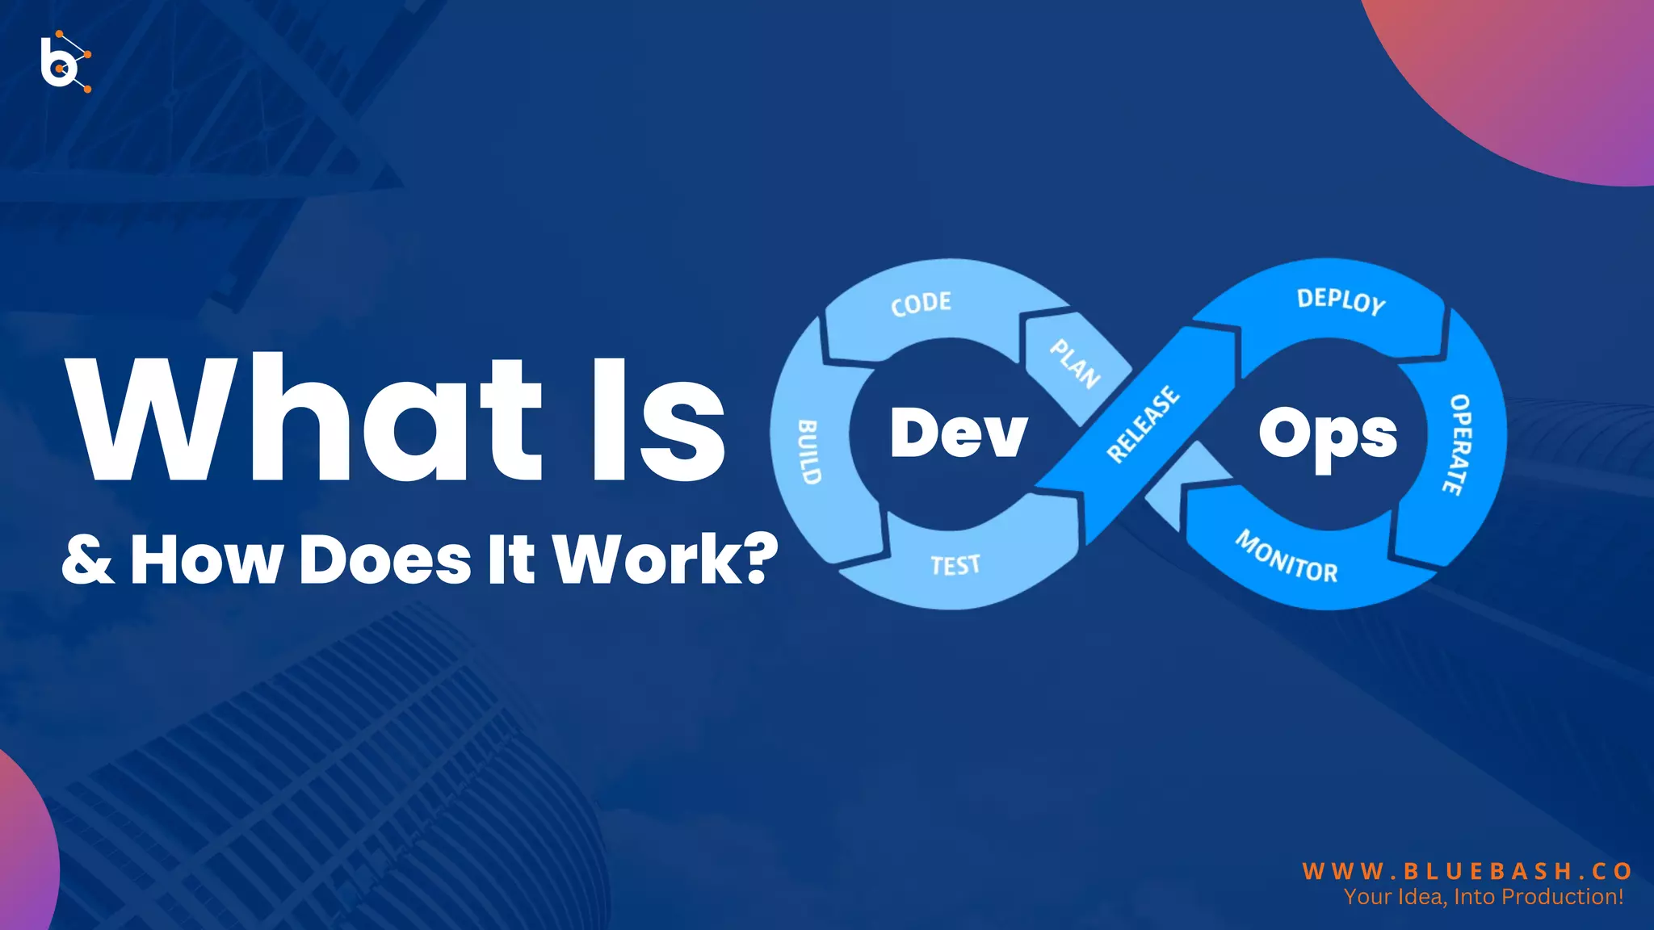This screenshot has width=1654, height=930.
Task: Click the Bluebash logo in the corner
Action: tap(65, 61)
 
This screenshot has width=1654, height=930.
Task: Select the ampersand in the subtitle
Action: tap(87, 559)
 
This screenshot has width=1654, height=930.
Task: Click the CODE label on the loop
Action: tap(921, 304)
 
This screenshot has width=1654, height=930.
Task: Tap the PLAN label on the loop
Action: tap(1075, 363)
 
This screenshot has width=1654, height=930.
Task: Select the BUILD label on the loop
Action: tap(809, 452)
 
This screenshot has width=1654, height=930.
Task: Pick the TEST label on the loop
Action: tap(955, 565)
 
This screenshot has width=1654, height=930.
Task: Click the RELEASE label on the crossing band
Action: tap(1143, 425)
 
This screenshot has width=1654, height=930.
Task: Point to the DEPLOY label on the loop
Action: tap(1341, 301)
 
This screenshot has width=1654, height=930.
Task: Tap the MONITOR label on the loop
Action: tap(1287, 556)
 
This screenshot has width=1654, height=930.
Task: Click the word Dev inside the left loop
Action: tap(959, 433)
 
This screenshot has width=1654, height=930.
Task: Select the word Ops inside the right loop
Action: tap(1328, 436)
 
